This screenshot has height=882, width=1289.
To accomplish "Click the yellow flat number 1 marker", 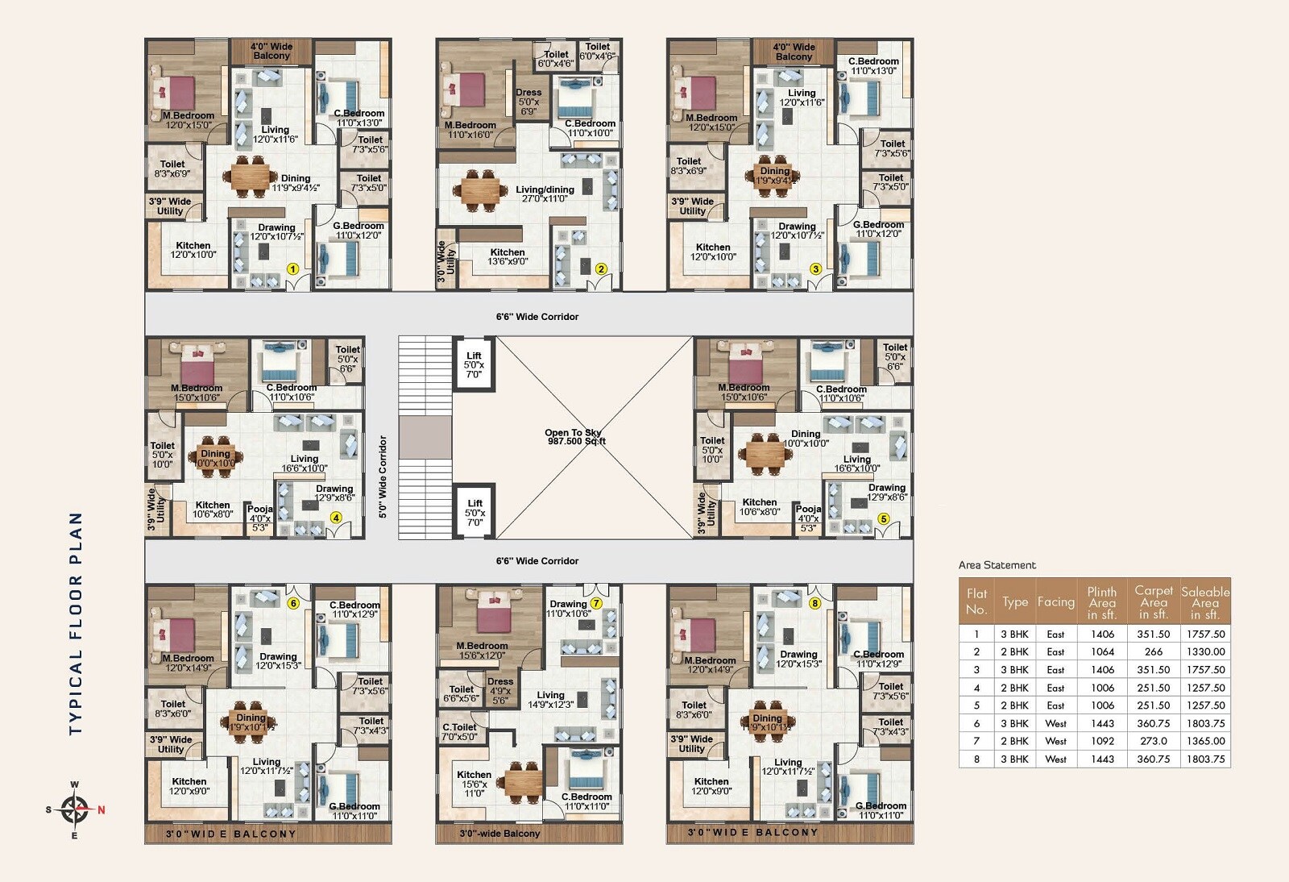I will coord(293,269).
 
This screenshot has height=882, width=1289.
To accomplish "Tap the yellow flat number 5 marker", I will coord(884,519).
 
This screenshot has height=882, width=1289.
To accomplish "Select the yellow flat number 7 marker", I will coord(597,603).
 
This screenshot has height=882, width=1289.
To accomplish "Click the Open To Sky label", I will coord(574,437).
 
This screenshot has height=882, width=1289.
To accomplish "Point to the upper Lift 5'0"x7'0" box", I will coord(474,365).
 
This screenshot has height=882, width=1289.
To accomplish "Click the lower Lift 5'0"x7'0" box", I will coord(475,513).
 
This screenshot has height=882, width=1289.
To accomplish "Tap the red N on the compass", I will coord(102,810).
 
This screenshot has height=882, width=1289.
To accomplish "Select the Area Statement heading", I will coord(997,565).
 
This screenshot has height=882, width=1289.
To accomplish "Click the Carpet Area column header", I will coord(1154,601).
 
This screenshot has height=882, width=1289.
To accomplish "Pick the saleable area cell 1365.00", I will coord(1205,741).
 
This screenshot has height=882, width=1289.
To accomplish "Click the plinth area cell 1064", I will coord(1102,652).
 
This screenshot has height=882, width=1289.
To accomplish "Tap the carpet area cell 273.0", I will coord(1154,741).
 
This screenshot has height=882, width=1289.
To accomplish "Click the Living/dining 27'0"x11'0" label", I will coord(545,193).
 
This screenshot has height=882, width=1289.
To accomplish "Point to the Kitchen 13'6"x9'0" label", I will coord(508,256).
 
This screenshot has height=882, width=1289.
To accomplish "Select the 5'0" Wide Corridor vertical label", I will coord(383,477).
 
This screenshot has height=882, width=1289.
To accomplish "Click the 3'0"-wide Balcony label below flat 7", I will coord(499,834).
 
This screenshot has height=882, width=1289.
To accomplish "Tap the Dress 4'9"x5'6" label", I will coord(500,691).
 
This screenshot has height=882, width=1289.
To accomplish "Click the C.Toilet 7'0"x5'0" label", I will coord(460,732).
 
